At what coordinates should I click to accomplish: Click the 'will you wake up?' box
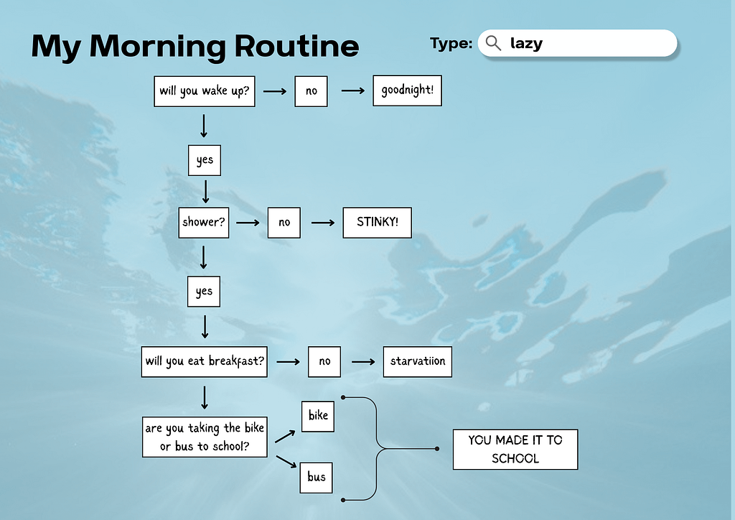pyautogui.click(x=205, y=91)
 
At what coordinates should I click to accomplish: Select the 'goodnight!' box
pyautogui.click(x=408, y=90)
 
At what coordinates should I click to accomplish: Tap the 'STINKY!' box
pyautogui.click(x=378, y=223)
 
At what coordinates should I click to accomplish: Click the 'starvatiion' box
pyautogui.click(x=418, y=361)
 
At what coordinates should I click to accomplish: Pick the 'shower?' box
pyautogui.click(x=204, y=223)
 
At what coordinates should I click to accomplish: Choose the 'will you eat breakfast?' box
pyautogui.click(x=205, y=361)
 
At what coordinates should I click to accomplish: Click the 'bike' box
pyautogui.click(x=318, y=416)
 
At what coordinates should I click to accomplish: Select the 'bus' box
pyautogui.click(x=317, y=478)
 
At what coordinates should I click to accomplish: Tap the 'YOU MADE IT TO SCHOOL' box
pyautogui.click(x=515, y=449)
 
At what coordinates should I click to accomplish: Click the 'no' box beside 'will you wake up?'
pyautogui.click(x=312, y=91)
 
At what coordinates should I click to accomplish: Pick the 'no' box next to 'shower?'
pyautogui.click(x=284, y=223)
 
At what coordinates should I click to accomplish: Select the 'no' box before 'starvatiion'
pyautogui.click(x=324, y=361)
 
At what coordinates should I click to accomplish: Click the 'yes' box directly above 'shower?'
pyautogui.click(x=205, y=160)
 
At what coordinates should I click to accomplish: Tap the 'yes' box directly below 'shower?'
pyautogui.click(x=204, y=291)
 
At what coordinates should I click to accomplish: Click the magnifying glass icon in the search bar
pyautogui.click(x=493, y=43)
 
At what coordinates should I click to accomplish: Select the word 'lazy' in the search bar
pyautogui.click(x=526, y=44)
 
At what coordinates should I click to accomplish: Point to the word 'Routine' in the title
pyautogui.click(x=296, y=46)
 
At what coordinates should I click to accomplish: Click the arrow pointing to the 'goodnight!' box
pyautogui.click(x=353, y=90)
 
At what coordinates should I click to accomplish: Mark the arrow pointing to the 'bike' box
pyautogui.click(x=285, y=437)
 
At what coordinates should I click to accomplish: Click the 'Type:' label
pyautogui.click(x=451, y=44)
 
